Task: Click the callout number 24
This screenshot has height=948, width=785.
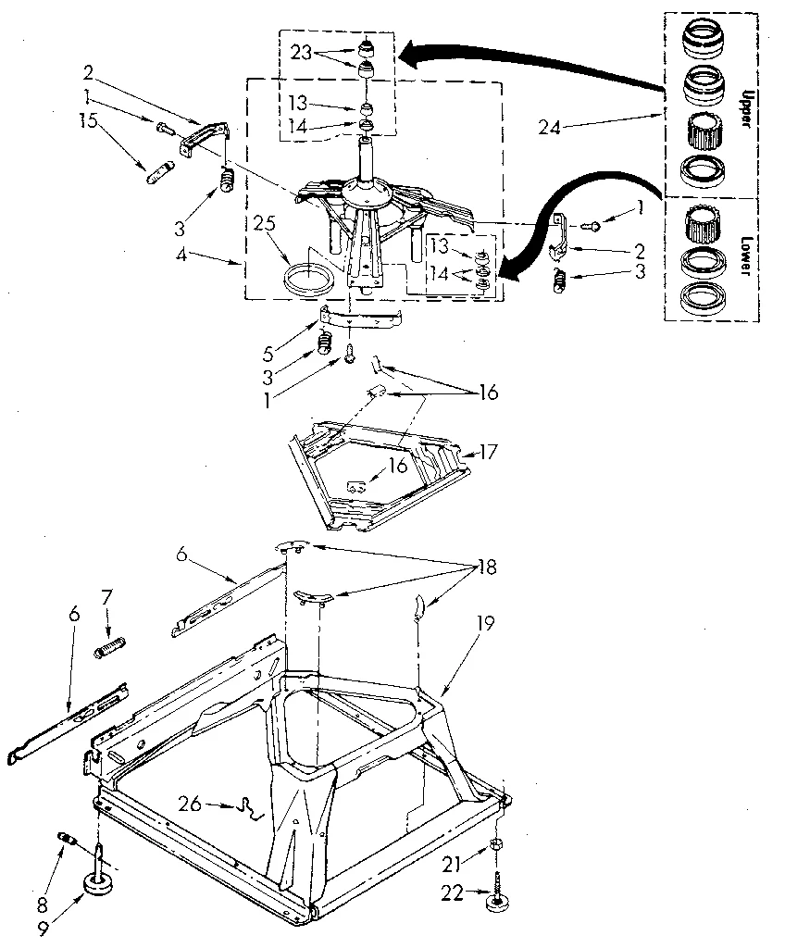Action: (551, 127)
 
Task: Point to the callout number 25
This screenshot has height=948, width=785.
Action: (266, 224)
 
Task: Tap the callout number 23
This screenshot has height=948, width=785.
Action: (301, 53)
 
